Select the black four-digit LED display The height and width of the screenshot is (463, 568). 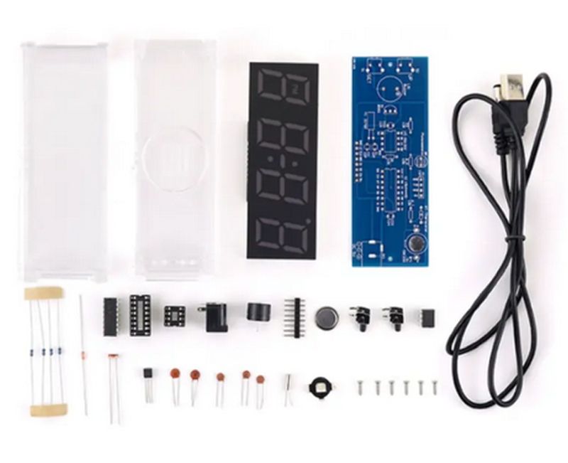(x=283, y=161)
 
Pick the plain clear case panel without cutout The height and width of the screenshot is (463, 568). (x=64, y=160)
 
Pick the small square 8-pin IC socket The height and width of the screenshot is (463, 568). (x=174, y=315)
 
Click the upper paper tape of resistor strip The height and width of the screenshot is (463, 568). (x=44, y=293)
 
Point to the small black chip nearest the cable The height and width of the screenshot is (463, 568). (x=426, y=317)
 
